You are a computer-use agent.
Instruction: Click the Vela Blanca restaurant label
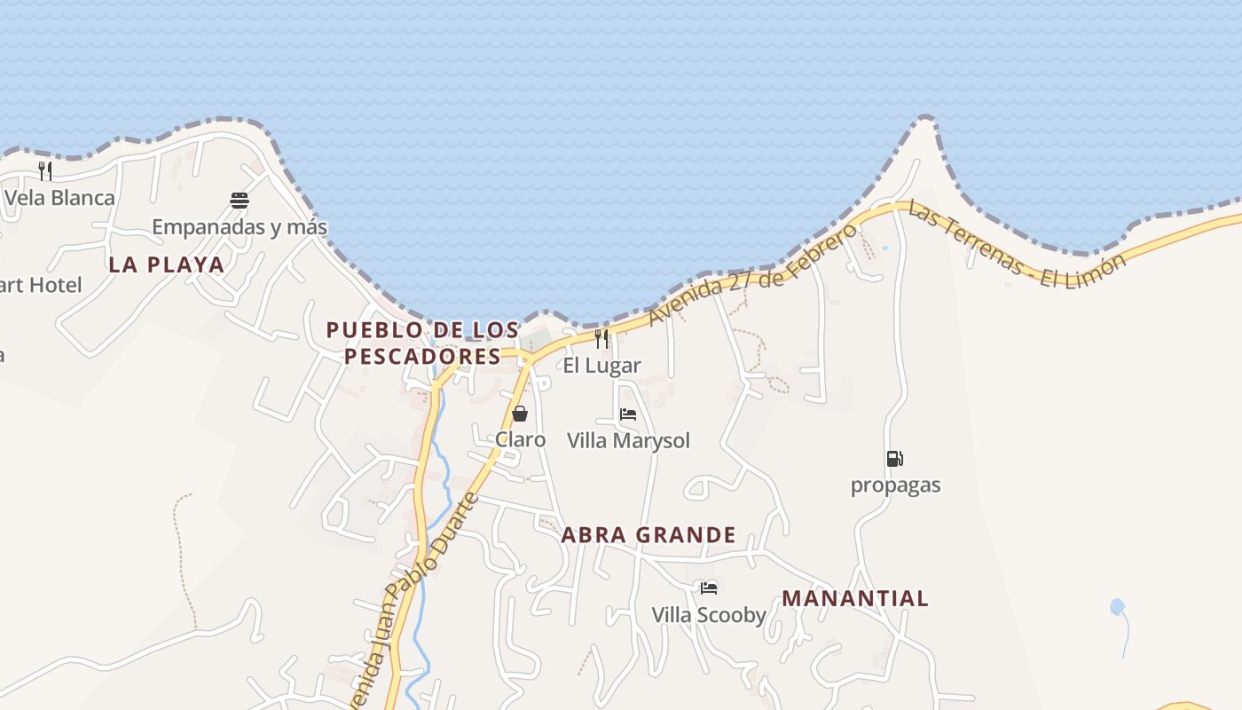point(59,197)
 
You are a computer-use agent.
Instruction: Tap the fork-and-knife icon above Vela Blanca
point(45,170)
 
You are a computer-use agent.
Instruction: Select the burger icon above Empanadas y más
point(239,201)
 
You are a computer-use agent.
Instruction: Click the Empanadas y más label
point(240,227)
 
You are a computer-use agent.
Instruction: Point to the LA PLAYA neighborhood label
point(167,264)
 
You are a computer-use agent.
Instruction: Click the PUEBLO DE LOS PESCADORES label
point(422,343)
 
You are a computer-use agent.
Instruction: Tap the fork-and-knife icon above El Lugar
point(601,338)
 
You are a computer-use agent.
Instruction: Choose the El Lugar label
point(601,365)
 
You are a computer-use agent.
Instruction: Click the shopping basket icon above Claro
point(520,414)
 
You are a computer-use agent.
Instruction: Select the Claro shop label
point(520,439)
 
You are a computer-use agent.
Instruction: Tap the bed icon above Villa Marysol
point(628,414)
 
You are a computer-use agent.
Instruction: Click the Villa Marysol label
point(628,440)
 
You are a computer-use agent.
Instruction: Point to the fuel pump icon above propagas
point(895,459)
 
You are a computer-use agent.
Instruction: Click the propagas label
point(895,485)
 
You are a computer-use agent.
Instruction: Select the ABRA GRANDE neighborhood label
point(649,535)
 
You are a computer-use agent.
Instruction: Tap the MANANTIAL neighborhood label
point(855,598)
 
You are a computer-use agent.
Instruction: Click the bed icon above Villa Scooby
point(709,588)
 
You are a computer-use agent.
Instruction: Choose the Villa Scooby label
point(709,614)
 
